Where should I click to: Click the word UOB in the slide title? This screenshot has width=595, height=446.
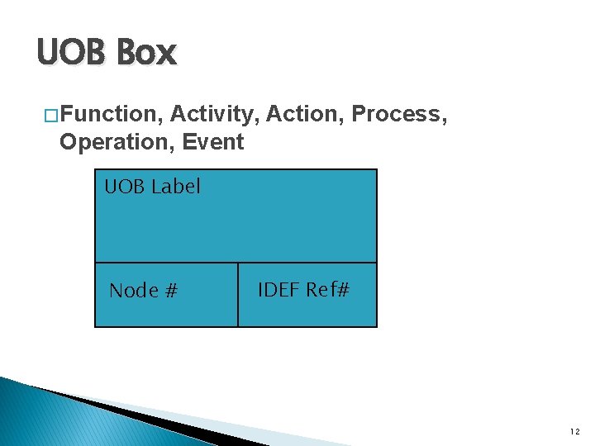coord(72,54)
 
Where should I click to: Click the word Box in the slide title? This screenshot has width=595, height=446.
coord(146,54)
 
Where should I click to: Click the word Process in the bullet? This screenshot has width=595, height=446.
coord(400,114)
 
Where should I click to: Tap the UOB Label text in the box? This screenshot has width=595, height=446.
coord(152,187)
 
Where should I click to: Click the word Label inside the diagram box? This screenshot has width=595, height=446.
coord(175,187)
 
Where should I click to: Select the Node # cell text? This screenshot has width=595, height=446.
coord(144,291)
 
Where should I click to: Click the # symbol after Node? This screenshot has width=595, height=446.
coord(171,291)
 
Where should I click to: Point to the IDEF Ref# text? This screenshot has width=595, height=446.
coord(304,290)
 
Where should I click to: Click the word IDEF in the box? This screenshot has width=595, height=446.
coord(278,290)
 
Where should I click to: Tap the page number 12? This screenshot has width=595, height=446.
coord(574,431)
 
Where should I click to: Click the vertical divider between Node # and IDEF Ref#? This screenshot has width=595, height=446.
coord(238,295)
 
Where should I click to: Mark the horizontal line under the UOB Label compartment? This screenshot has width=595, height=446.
coord(236,263)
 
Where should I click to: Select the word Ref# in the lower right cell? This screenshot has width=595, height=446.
coord(328,290)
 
